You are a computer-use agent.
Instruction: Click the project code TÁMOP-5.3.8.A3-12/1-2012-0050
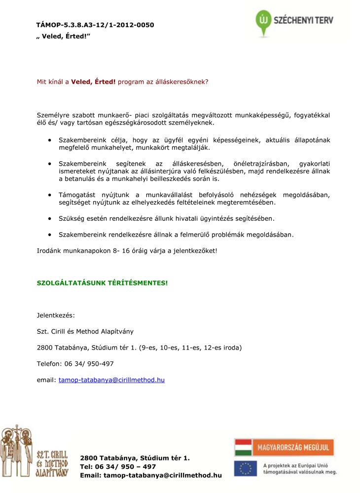click(x=95, y=25)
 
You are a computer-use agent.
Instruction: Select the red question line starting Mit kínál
click(x=122, y=82)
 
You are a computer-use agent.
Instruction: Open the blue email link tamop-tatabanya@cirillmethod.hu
click(x=111, y=380)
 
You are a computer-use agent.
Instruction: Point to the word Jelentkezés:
click(x=56, y=315)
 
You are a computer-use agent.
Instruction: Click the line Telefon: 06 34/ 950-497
click(x=75, y=364)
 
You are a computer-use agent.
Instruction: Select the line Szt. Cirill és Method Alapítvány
click(x=85, y=331)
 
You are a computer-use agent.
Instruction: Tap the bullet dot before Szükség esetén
click(x=50, y=218)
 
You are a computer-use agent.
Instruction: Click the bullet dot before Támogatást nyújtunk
click(x=50, y=195)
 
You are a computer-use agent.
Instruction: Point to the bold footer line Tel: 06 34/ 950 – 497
click(x=118, y=466)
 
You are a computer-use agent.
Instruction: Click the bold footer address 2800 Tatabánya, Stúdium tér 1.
click(x=135, y=458)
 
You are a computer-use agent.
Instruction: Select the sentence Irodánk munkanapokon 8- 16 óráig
click(x=127, y=250)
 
